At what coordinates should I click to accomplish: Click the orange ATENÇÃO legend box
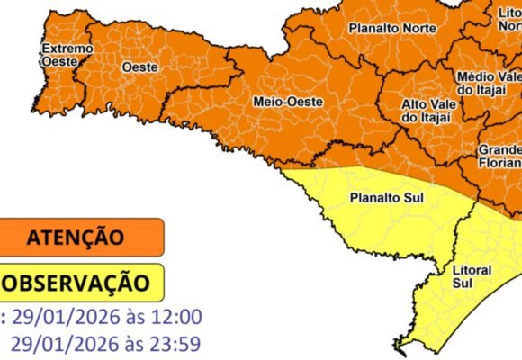[82, 238]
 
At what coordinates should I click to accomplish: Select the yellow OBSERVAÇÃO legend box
[82, 282]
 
